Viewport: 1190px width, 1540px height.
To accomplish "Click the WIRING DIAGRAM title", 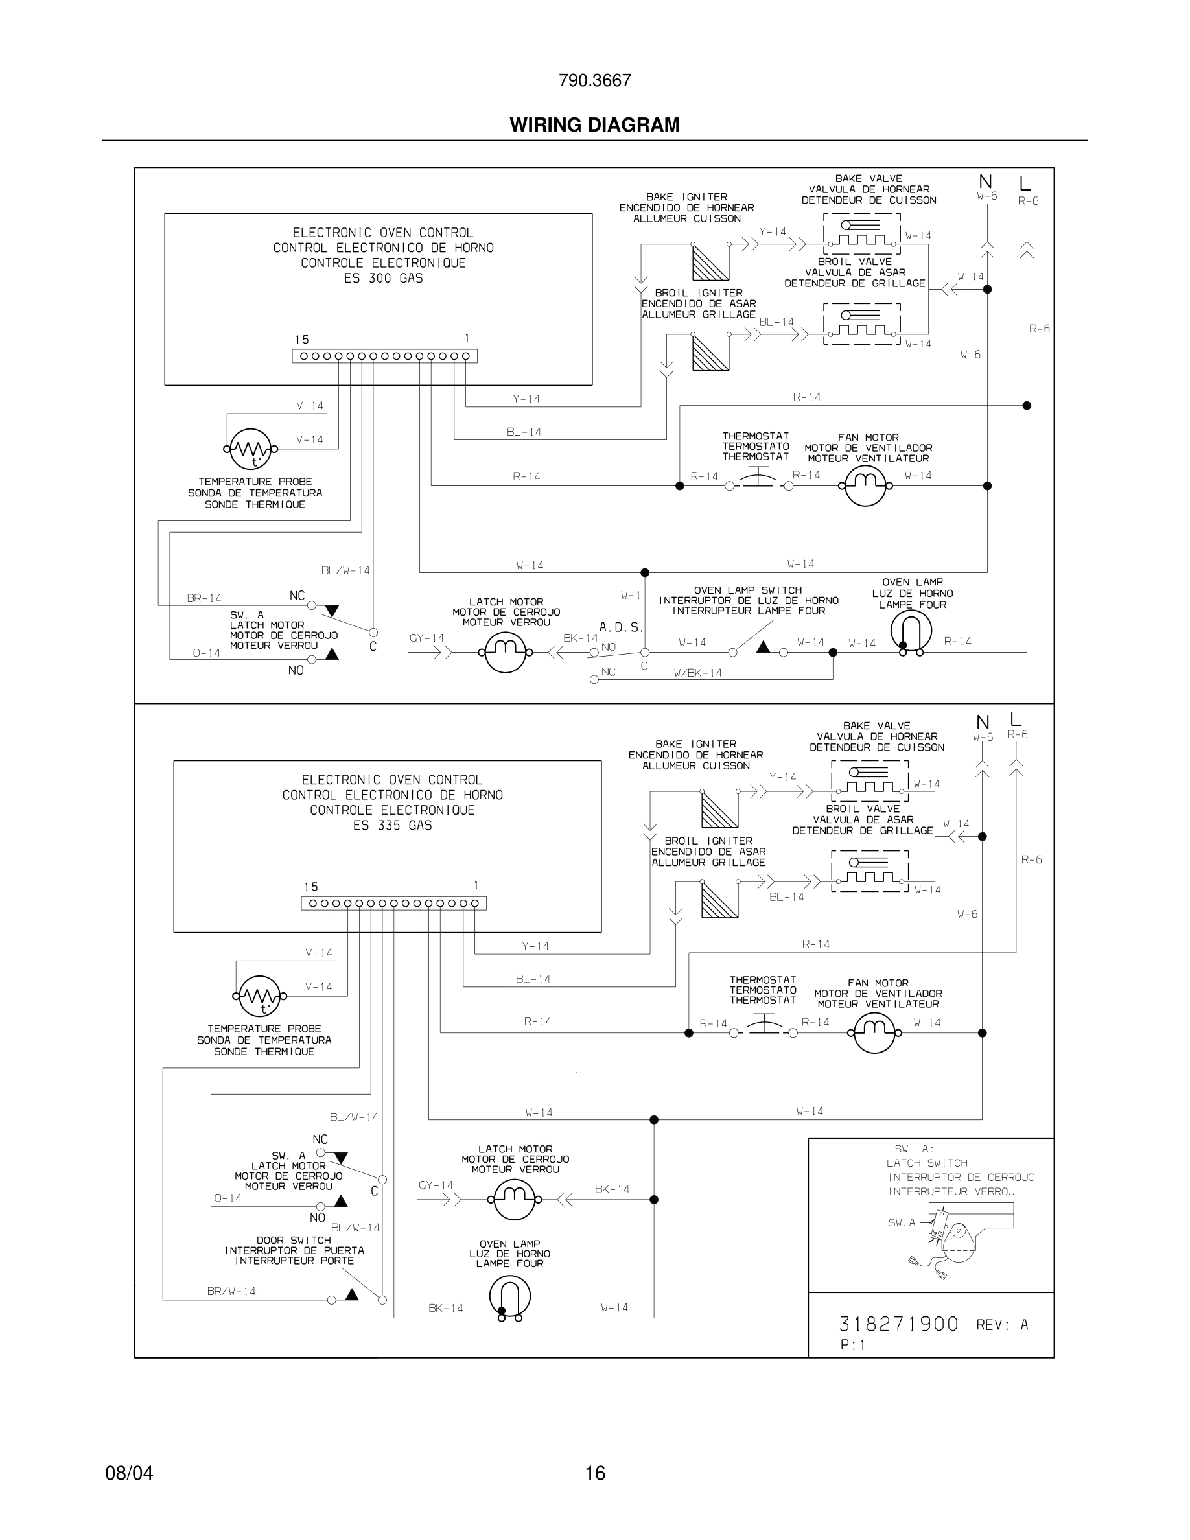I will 594,125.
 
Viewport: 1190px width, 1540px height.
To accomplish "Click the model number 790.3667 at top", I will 594,80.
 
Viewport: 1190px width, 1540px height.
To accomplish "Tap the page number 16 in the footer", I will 595,1473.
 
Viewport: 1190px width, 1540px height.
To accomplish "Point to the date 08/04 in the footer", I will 129,1473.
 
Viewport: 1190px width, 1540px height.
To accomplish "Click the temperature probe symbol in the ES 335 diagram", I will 259,996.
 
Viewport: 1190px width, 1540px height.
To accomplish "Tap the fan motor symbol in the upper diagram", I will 865,485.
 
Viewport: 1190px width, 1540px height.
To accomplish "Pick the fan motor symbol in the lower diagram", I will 874,1033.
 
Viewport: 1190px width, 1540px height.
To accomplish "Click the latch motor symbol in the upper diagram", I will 506,652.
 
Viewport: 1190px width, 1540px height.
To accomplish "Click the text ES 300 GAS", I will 384,279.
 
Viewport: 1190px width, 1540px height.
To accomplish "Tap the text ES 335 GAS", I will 393,826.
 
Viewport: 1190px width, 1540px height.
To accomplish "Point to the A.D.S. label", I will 621,627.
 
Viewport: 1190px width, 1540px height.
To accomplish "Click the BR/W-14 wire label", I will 231,1291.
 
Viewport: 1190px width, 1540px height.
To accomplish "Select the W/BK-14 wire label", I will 698,673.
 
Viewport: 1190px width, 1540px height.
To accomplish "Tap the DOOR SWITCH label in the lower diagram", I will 294,1240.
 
